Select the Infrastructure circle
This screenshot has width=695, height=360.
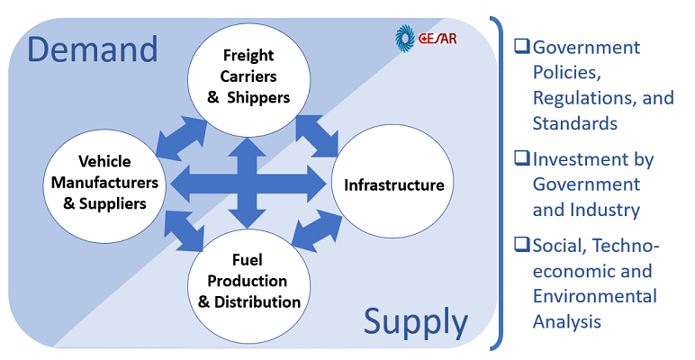(x=388, y=185)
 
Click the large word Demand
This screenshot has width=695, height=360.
(x=92, y=49)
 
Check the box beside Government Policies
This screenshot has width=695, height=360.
(x=521, y=47)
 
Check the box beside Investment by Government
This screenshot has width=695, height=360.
(x=521, y=159)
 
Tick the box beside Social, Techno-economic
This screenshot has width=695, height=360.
(x=521, y=246)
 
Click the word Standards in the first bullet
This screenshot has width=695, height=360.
(x=574, y=122)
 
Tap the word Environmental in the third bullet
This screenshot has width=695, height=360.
(x=594, y=295)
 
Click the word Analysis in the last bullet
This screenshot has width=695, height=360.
(x=567, y=320)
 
